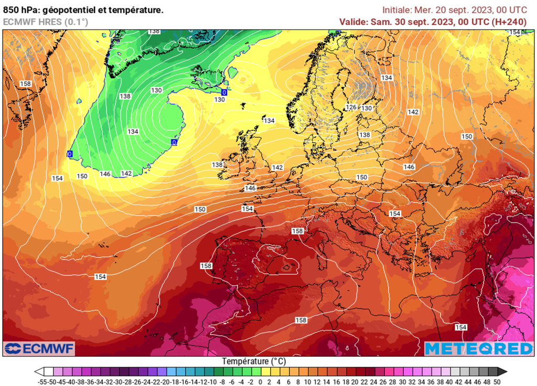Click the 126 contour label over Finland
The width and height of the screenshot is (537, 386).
pos(351,108)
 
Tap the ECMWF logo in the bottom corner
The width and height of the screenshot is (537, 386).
pos(39,348)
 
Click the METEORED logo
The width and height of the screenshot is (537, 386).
pos(478,349)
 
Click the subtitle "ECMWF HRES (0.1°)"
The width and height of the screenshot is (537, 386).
pos(46,22)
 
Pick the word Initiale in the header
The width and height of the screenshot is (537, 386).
pos(396,9)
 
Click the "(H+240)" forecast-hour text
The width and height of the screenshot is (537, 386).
pos(508,22)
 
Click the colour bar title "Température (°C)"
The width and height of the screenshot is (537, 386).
pos(254,361)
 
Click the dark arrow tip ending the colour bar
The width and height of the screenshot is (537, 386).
pos(504,371)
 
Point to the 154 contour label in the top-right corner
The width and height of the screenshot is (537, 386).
pos(515,33)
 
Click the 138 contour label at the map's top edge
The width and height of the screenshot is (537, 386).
pos(154,31)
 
